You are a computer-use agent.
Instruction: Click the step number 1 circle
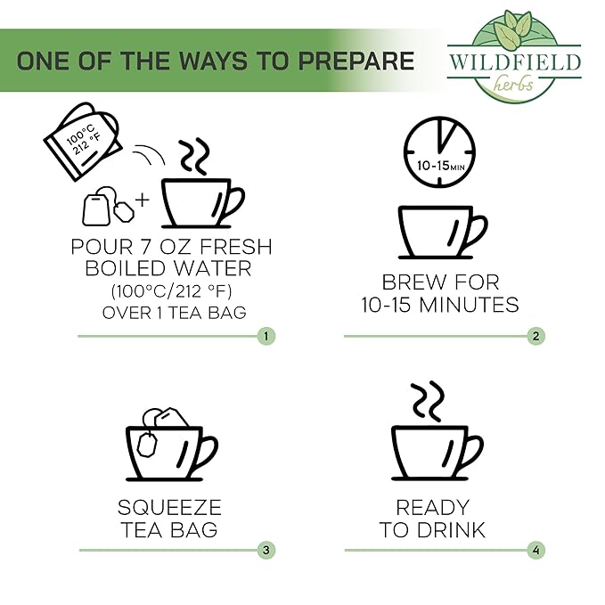click(x=266, y=336)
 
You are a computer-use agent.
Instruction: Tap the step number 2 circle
click(x=536, y=336)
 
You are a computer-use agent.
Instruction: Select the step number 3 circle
click(x=266, y=550)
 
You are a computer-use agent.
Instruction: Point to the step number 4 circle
click(x=536, y=550)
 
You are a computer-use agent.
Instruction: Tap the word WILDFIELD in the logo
click(x=515, y=62)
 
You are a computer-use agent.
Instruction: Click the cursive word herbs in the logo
click(x=513, y=84)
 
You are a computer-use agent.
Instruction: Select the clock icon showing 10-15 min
click(x=439, y=152)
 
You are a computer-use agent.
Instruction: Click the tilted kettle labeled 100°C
click(x=83, y=141)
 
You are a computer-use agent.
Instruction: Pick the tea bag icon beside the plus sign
click(x=108, y=207)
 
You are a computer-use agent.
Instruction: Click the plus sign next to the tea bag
click(x=143, y=200)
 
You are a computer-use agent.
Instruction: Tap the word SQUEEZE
click(x=169, y=507)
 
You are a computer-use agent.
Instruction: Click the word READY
click(x=432, y=507)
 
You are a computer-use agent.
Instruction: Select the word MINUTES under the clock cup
click(x=469, y=305)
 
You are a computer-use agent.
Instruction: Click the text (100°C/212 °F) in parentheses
click(x=171, y=291)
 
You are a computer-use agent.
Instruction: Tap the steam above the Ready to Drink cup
click(x=428, y=402)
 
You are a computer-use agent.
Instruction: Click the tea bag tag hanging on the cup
click(x=147, y=445)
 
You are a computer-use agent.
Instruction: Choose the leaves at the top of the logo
click(x=513, y=25)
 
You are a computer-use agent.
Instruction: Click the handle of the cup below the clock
click(x=475, y=232)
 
